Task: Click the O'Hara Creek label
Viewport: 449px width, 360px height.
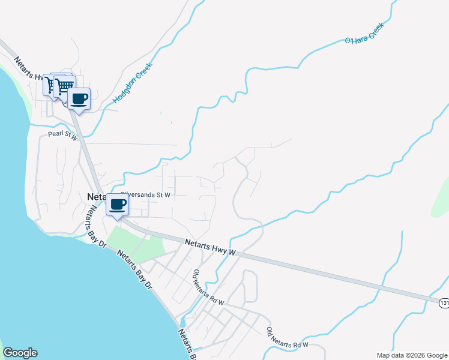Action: [363, 37]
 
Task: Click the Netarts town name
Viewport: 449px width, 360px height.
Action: [96, 196]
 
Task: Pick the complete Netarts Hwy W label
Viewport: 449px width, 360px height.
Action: [209, 247]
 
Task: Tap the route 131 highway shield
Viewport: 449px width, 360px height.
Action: [444, 303]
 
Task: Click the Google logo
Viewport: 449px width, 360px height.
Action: [20, 353]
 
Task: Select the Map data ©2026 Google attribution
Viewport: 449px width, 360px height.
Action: [412, 355]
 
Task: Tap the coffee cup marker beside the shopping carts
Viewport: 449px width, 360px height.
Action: [79, 98]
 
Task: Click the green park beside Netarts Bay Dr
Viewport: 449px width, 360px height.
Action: [135, 242]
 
